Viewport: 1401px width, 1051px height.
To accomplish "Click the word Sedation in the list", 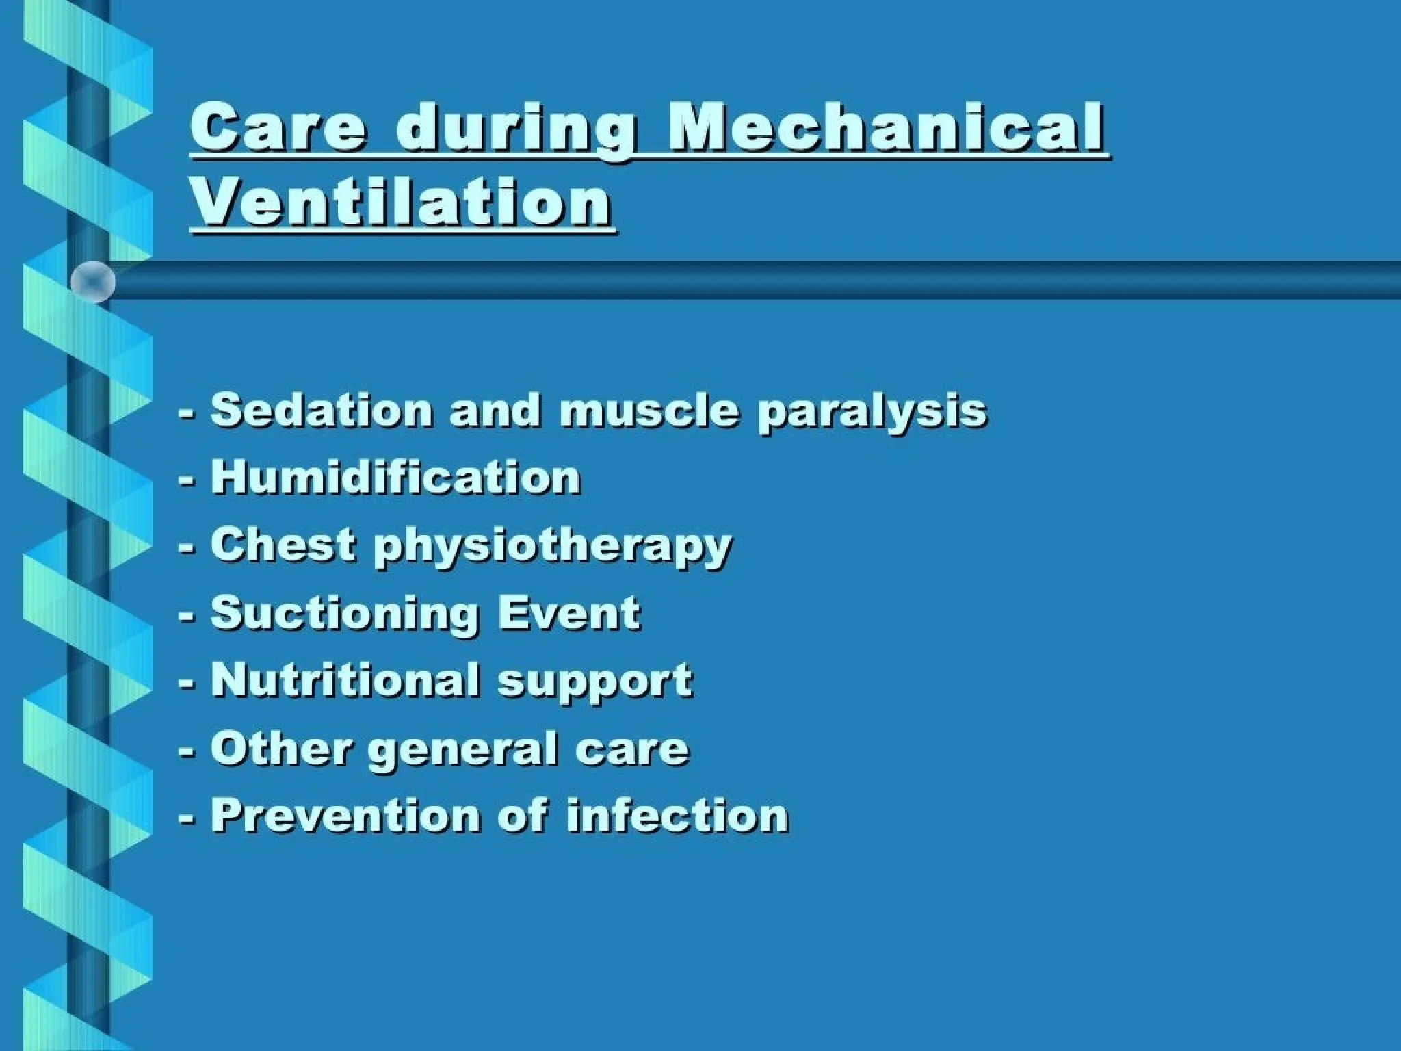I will (x=322, y=410).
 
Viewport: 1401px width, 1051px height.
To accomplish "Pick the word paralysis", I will (x=872, y=413).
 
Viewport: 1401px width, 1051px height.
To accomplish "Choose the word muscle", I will (x=649, y=410).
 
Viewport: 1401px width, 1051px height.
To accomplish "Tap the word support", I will (x=595, y=683).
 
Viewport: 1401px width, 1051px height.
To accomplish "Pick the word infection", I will (x=677, y=815).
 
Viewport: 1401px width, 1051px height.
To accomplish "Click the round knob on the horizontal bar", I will (x=93, y=281).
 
